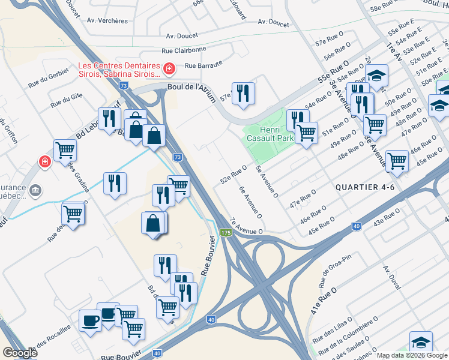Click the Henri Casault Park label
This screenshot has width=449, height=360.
click(x=270, y=134)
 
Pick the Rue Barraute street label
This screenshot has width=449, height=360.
click(x=203, y=66)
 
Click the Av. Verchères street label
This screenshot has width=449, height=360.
click(x=107, y=20)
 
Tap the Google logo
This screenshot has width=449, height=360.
click(x=20, y=353)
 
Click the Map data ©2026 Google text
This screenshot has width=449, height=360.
click(x=412, y=355)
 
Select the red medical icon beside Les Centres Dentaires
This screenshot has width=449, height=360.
click(x=169, y=70)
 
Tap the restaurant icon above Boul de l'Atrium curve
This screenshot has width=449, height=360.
click(x=243, y=93)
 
